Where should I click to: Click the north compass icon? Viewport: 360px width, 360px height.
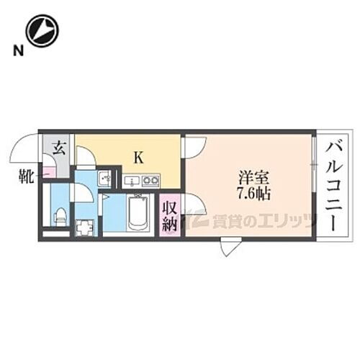[41, 32]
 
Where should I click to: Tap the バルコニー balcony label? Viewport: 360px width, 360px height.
[333, 185]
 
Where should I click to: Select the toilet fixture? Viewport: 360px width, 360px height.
[60, 215]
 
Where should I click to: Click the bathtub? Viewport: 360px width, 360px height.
[138, 214]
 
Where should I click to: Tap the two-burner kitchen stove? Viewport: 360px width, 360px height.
[149, 181]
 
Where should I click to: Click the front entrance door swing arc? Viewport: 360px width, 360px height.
[28, 148]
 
